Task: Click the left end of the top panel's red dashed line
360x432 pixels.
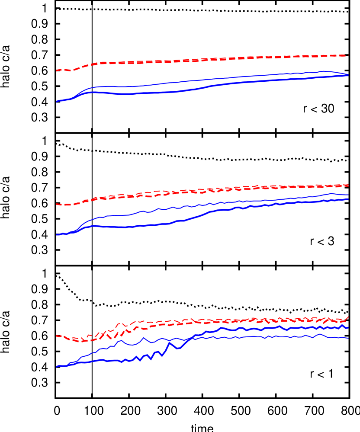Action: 57,70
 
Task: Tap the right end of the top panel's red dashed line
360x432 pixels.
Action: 348,55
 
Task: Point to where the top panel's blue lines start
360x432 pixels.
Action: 57,101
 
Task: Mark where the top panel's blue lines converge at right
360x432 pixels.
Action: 348,75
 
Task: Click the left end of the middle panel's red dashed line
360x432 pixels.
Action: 57,204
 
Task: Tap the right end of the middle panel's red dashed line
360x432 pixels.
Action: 348,185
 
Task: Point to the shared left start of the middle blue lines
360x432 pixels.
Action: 57,235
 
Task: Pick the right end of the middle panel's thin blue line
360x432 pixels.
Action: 348,195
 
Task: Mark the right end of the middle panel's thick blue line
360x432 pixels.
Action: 348,199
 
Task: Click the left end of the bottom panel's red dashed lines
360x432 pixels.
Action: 57,336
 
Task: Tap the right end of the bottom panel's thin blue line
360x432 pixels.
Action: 348,338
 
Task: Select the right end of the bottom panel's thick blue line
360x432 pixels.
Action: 347,328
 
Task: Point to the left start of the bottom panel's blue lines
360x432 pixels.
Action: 57,366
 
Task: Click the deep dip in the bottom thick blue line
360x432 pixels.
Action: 179,348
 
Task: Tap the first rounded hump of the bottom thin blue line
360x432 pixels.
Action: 121,340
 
